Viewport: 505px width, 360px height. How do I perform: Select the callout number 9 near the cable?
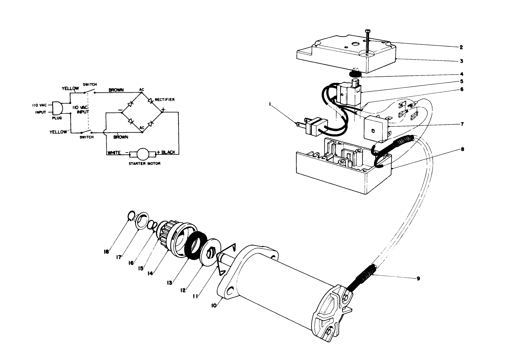tap(418, 279)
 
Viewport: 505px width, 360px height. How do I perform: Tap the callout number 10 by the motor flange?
tap(214, 306)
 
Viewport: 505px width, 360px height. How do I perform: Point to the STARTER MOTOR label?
tap(144, 164)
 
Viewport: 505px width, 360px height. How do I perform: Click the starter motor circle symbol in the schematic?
tap(143, 153)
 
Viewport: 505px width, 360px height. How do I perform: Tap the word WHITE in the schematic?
tap(114, 153)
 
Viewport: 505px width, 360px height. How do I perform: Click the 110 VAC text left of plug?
tap(39, 105)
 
